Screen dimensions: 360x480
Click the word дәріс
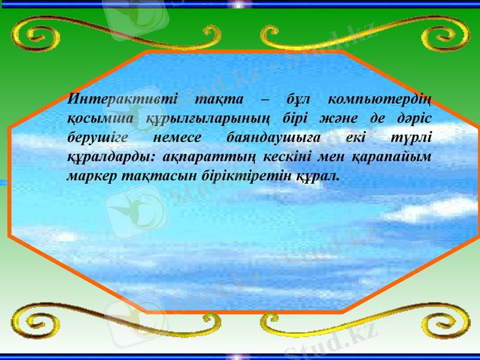(417, 118)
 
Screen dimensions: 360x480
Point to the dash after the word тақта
(265, 98)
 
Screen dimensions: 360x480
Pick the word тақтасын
(146, 177)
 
